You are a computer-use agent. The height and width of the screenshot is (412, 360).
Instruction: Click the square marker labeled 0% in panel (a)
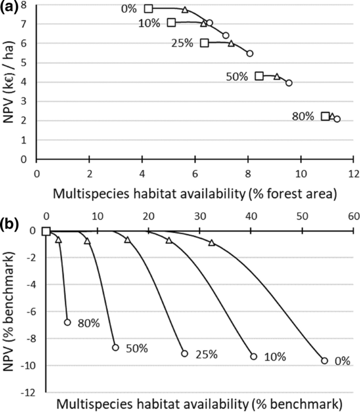(x=149, y=9)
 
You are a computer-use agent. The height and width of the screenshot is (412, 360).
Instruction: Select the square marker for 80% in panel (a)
(x=326, y=116)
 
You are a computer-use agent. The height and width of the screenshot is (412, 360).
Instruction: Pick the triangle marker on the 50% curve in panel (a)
(x=277, y=77)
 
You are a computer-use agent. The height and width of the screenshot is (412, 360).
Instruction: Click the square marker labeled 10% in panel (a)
(x=171, y=23)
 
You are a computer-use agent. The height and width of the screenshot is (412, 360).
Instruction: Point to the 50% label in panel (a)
(x=237, y=77)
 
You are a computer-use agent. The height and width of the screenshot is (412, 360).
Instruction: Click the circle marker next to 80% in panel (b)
(x=67, y=322)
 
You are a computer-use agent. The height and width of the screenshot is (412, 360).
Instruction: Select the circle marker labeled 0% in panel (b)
(x=324, y=360)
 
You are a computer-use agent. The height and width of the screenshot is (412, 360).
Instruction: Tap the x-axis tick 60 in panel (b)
(x=353, y=215)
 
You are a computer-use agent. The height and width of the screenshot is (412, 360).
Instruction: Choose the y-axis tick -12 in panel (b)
(x=32, y=393)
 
